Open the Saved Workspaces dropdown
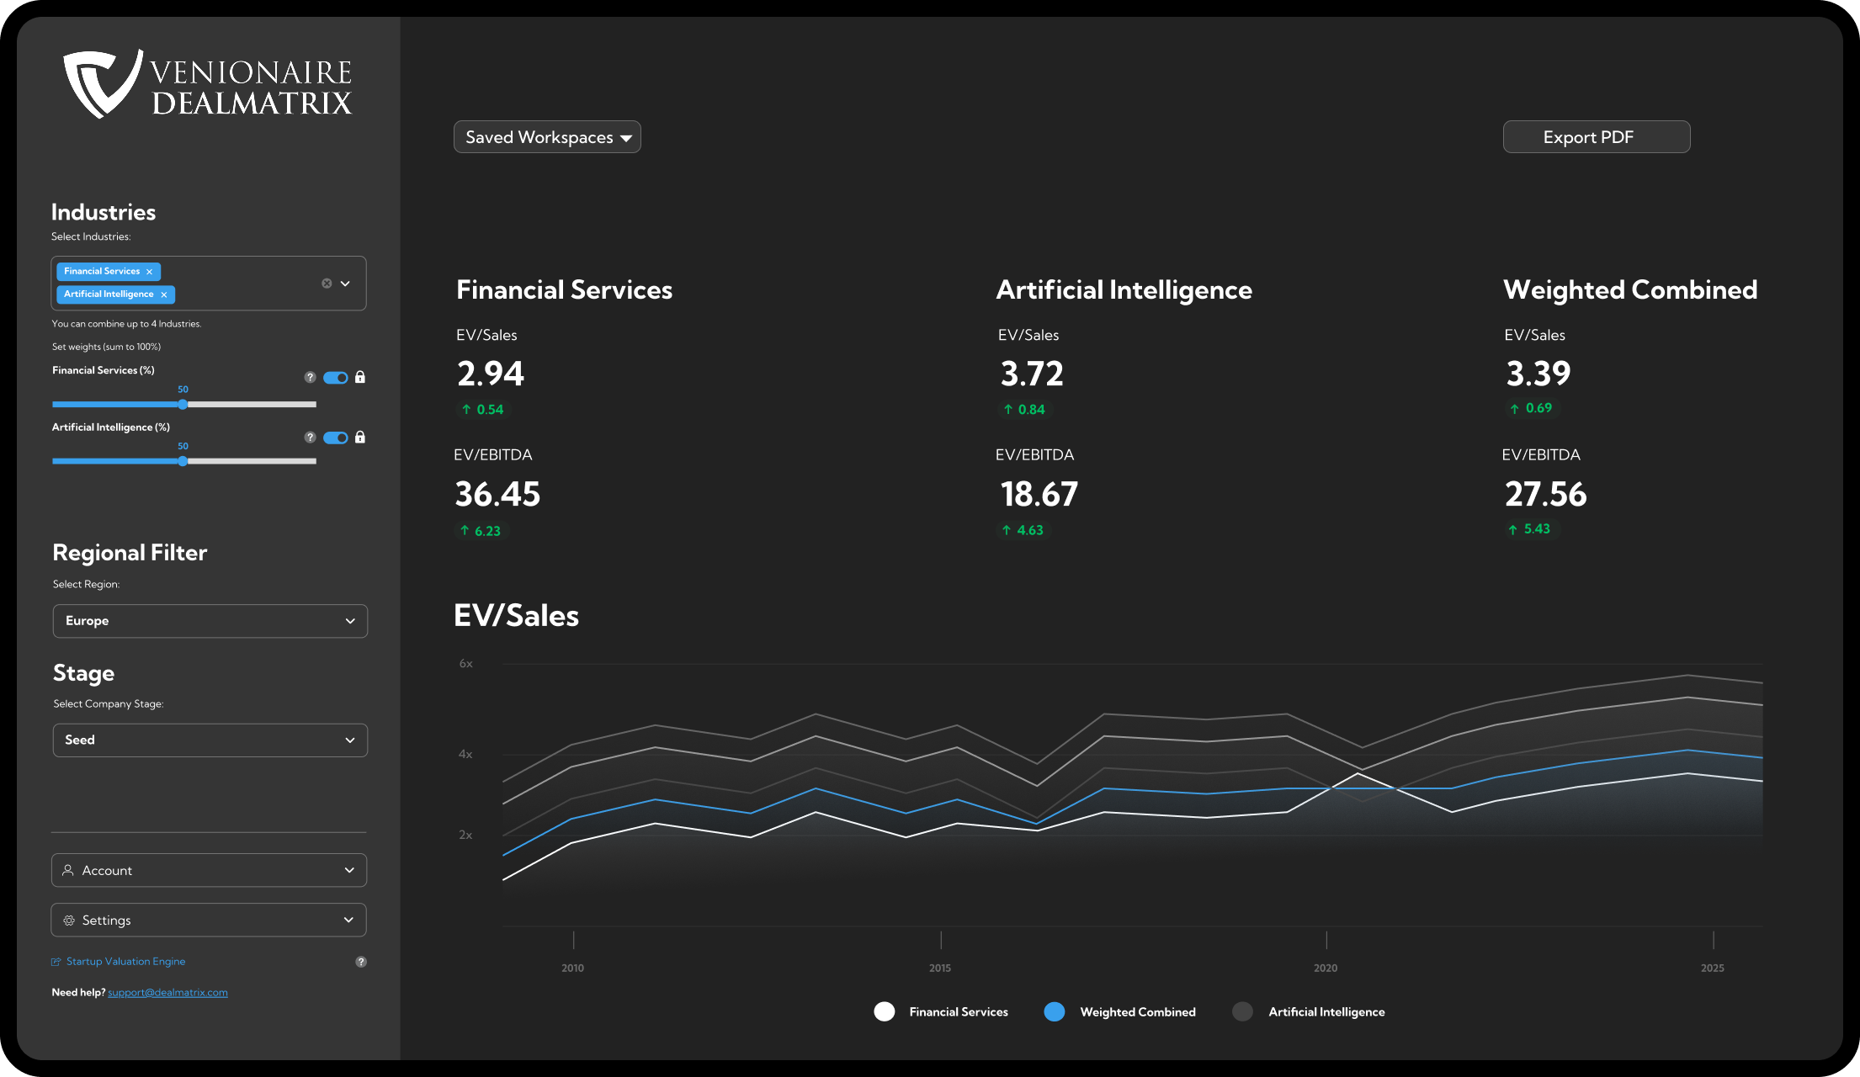[547, 137]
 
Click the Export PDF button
[1596, 137]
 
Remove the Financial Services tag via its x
[149, 272]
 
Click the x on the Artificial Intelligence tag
[164, 294]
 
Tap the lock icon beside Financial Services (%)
[360, 378]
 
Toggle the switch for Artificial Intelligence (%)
[336, 438]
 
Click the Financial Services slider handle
[183, 405]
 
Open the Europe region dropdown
[210, 621]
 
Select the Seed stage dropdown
[210, 740]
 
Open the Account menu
[209, 870]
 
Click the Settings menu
[209, 920]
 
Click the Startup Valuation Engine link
[125, 962]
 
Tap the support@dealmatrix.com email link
[167, 993]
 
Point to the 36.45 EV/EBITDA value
[497, 494]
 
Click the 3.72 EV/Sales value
[1032, 374]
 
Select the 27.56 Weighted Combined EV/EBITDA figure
[1545, 494]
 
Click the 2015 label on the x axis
[940, 968]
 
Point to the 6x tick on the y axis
[465, 664]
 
